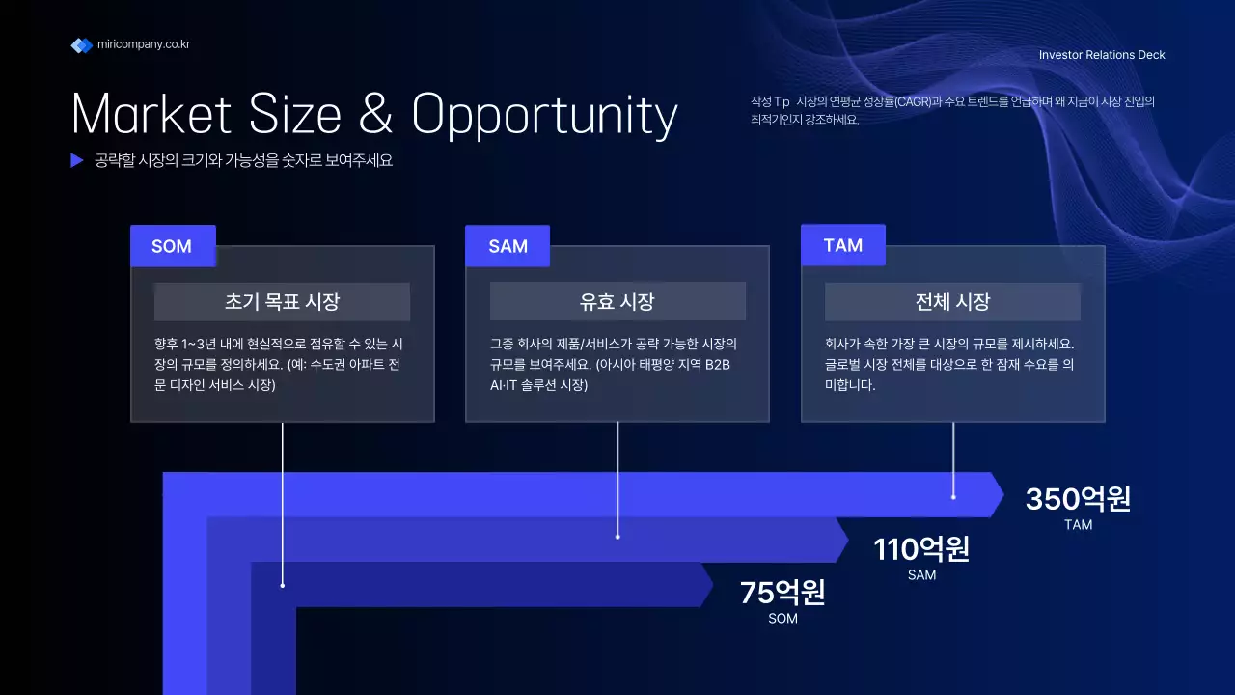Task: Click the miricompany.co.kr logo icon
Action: (81, 45)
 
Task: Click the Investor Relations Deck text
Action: (1102, 55)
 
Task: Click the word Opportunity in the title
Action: (544, 116)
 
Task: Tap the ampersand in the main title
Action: (375, 115)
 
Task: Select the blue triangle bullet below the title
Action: (77, 161)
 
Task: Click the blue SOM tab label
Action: (173, 246)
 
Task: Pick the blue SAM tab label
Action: (508, 246)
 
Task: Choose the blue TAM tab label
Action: (843, 245)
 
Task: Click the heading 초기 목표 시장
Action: (282, 302)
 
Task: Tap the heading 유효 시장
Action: (617, 302)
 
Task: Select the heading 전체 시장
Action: (952, 302)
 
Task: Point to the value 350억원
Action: (1078, 499)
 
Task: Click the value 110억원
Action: (921, 549)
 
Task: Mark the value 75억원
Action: (782, 593)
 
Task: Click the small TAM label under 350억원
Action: (1078, 525)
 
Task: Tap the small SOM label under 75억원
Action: (782, 619)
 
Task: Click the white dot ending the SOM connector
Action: (283, 585)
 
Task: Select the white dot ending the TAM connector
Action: (953, 497)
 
